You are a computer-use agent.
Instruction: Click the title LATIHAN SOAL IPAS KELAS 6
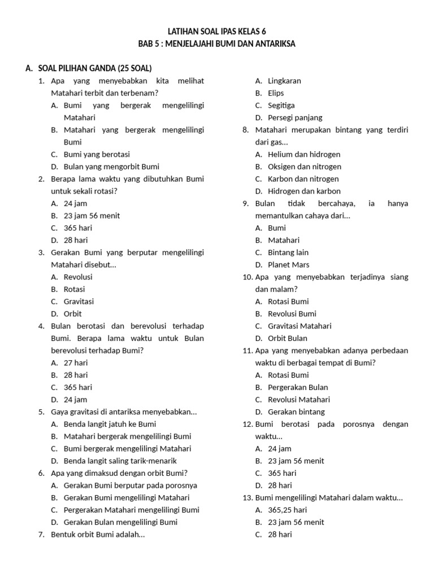[216, 32]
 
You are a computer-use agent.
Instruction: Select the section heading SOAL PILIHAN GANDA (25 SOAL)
[94, 68]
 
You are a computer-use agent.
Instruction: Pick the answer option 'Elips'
[276, 93]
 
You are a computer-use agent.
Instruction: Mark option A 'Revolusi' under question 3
[78, 277]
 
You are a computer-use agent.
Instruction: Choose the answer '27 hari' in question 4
[76, 363]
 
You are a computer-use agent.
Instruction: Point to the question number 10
[247, 277]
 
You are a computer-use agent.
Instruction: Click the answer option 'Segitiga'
[281, 106]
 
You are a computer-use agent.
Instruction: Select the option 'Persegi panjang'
[295, 118]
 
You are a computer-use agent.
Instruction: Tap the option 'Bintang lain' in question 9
[288, 252]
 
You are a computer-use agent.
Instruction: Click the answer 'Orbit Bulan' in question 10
[288, 339]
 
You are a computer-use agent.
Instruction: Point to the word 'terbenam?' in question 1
[140, 93]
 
